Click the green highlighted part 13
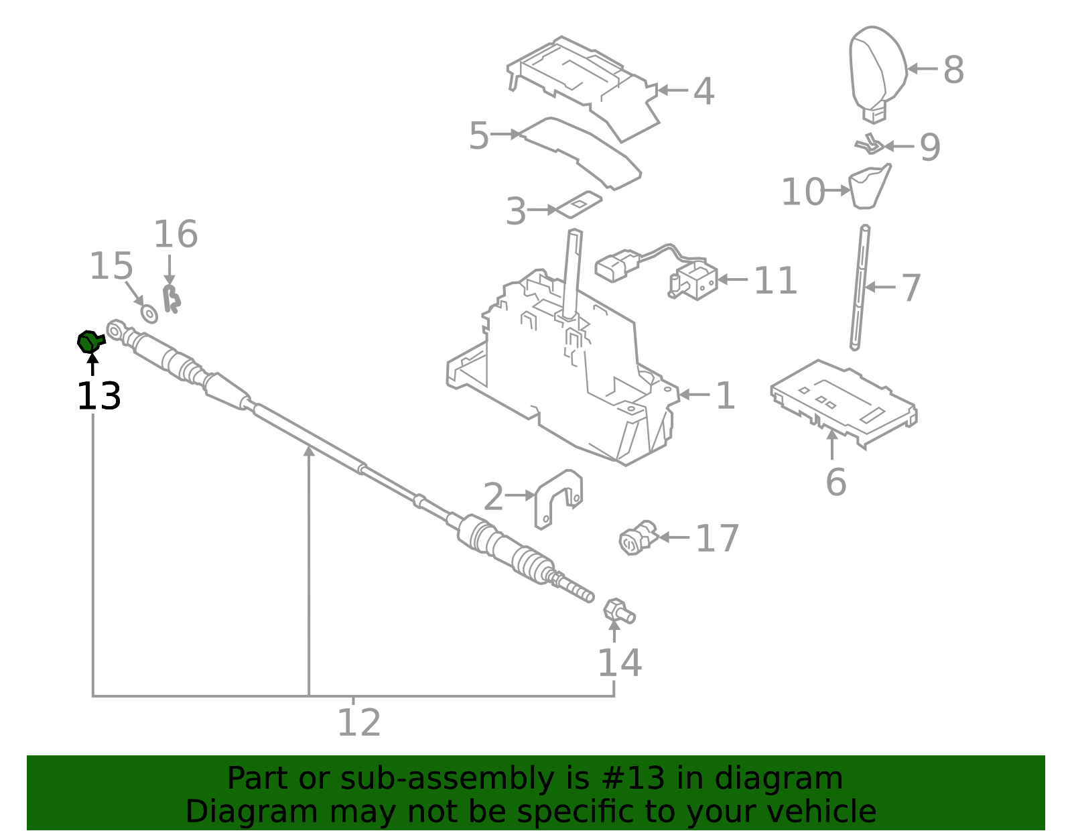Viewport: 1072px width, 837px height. tap(88, 342)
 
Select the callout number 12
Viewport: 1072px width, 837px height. tap(358, 723)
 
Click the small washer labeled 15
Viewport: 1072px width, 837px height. tap(149, 313)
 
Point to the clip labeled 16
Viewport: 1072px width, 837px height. tap(172, 299)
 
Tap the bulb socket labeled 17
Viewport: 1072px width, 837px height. tap(634, 539)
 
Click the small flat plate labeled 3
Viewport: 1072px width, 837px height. tap(579, 204)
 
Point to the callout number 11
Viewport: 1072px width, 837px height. tap(775, 281)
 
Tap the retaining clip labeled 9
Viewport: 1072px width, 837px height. tap(869, 144)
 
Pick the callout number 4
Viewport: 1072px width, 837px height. tap(703, 91)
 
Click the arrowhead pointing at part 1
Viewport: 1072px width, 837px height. tap(683, 395)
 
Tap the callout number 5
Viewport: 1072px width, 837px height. tap(478, 136)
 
